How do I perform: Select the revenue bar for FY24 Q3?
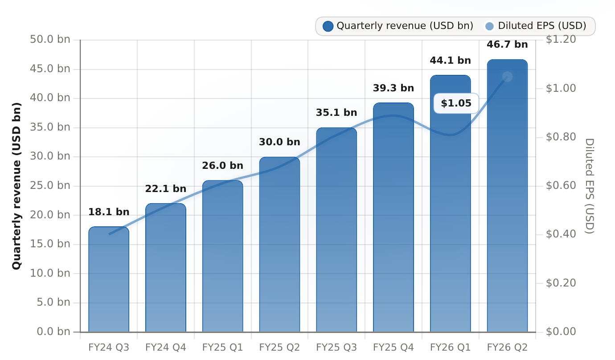109,279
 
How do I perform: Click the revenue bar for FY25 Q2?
279,245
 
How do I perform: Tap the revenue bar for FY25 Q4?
394,217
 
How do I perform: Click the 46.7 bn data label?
507,45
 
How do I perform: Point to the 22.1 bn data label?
165,189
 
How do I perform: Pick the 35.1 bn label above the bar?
336,112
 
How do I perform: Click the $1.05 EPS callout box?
456,103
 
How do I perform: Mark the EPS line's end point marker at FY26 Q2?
507,77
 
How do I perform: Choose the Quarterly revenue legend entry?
398,26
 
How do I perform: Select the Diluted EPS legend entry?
535,26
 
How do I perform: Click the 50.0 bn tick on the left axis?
50,40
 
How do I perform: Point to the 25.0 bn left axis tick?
50,186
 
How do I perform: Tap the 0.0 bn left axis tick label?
53,332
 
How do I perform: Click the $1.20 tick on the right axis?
561,40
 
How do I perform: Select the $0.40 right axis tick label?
561,234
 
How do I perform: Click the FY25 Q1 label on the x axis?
222,348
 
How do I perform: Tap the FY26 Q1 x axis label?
450,348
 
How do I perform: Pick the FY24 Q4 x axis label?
165,348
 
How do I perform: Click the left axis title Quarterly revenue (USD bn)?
16,186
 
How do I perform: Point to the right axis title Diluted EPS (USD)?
590,186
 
